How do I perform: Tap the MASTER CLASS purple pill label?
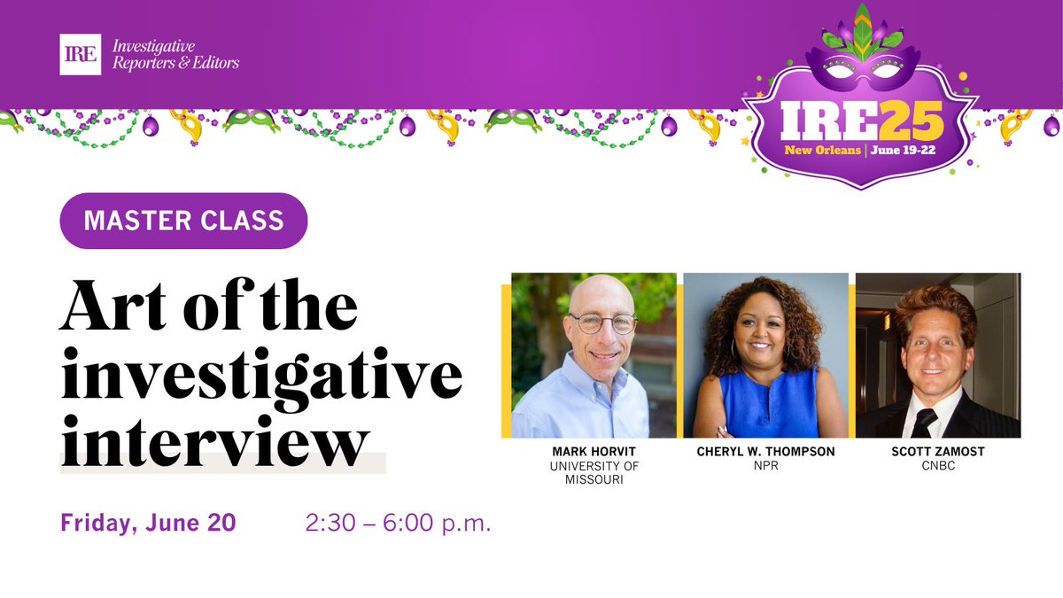click(183, 221)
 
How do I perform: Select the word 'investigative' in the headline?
click(261, 375)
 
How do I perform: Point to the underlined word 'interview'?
click(213, 440)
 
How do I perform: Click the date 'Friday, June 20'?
click(148, 523)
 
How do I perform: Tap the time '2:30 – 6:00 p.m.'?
click(398, 523)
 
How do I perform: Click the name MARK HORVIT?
click(594, 452)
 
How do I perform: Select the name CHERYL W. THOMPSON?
click(764, 452)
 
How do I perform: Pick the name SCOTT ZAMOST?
click(938, 452)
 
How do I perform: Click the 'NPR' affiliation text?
click(764, 466)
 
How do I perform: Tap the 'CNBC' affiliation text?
click(938, 466)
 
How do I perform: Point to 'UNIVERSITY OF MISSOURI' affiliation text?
click(594, 473)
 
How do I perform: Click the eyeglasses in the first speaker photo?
click(602, 323)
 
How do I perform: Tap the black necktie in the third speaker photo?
click(924, 423)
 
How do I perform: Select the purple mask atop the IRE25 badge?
click(859, 69)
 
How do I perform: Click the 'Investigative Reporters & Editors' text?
click(175, 54)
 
